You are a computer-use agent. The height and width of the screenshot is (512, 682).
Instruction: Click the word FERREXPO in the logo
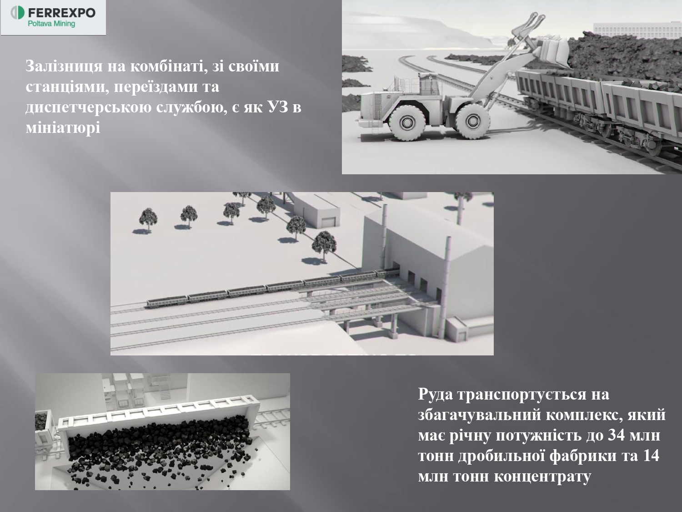click(x=62, y=13)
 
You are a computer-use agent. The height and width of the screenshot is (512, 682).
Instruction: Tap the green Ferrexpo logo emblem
click(x=17, y=13)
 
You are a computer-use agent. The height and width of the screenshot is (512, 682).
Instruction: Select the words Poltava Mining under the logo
click(x=51, y=24)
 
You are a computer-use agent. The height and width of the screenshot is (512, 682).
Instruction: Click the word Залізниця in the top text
click(x=64, y=66)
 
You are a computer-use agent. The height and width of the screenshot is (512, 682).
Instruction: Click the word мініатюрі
click(x=63, y=127)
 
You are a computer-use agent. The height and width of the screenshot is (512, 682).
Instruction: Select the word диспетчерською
click(x=88, y=108)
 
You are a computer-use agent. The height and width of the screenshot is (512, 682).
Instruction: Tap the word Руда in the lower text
click(x=435, y=395)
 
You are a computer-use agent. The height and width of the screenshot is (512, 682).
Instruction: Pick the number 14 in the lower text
click(x=650, y=456)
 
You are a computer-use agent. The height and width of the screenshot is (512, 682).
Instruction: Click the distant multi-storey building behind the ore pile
click(x=637, y=30)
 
